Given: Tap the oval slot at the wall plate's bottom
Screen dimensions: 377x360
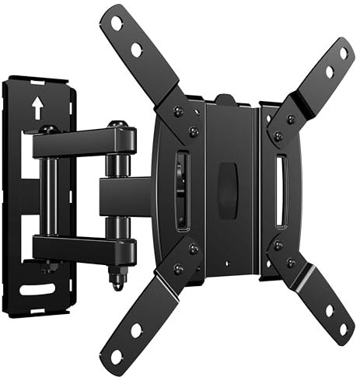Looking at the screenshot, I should [37, 289].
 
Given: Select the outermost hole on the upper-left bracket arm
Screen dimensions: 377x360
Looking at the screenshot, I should [117, 23].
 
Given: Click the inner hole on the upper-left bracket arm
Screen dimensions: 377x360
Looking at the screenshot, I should [136, 50].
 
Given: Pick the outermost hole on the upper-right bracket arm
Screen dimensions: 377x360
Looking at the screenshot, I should [343, 53].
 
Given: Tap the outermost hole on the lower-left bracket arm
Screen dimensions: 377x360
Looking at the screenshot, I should [117, 356].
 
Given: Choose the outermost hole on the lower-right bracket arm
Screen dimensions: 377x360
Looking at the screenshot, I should [342, 329].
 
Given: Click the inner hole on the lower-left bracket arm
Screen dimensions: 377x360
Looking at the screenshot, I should [137, 330].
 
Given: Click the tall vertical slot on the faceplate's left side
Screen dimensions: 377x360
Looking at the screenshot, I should [181, 190].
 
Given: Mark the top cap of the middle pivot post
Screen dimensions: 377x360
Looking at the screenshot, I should [117, 124].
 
